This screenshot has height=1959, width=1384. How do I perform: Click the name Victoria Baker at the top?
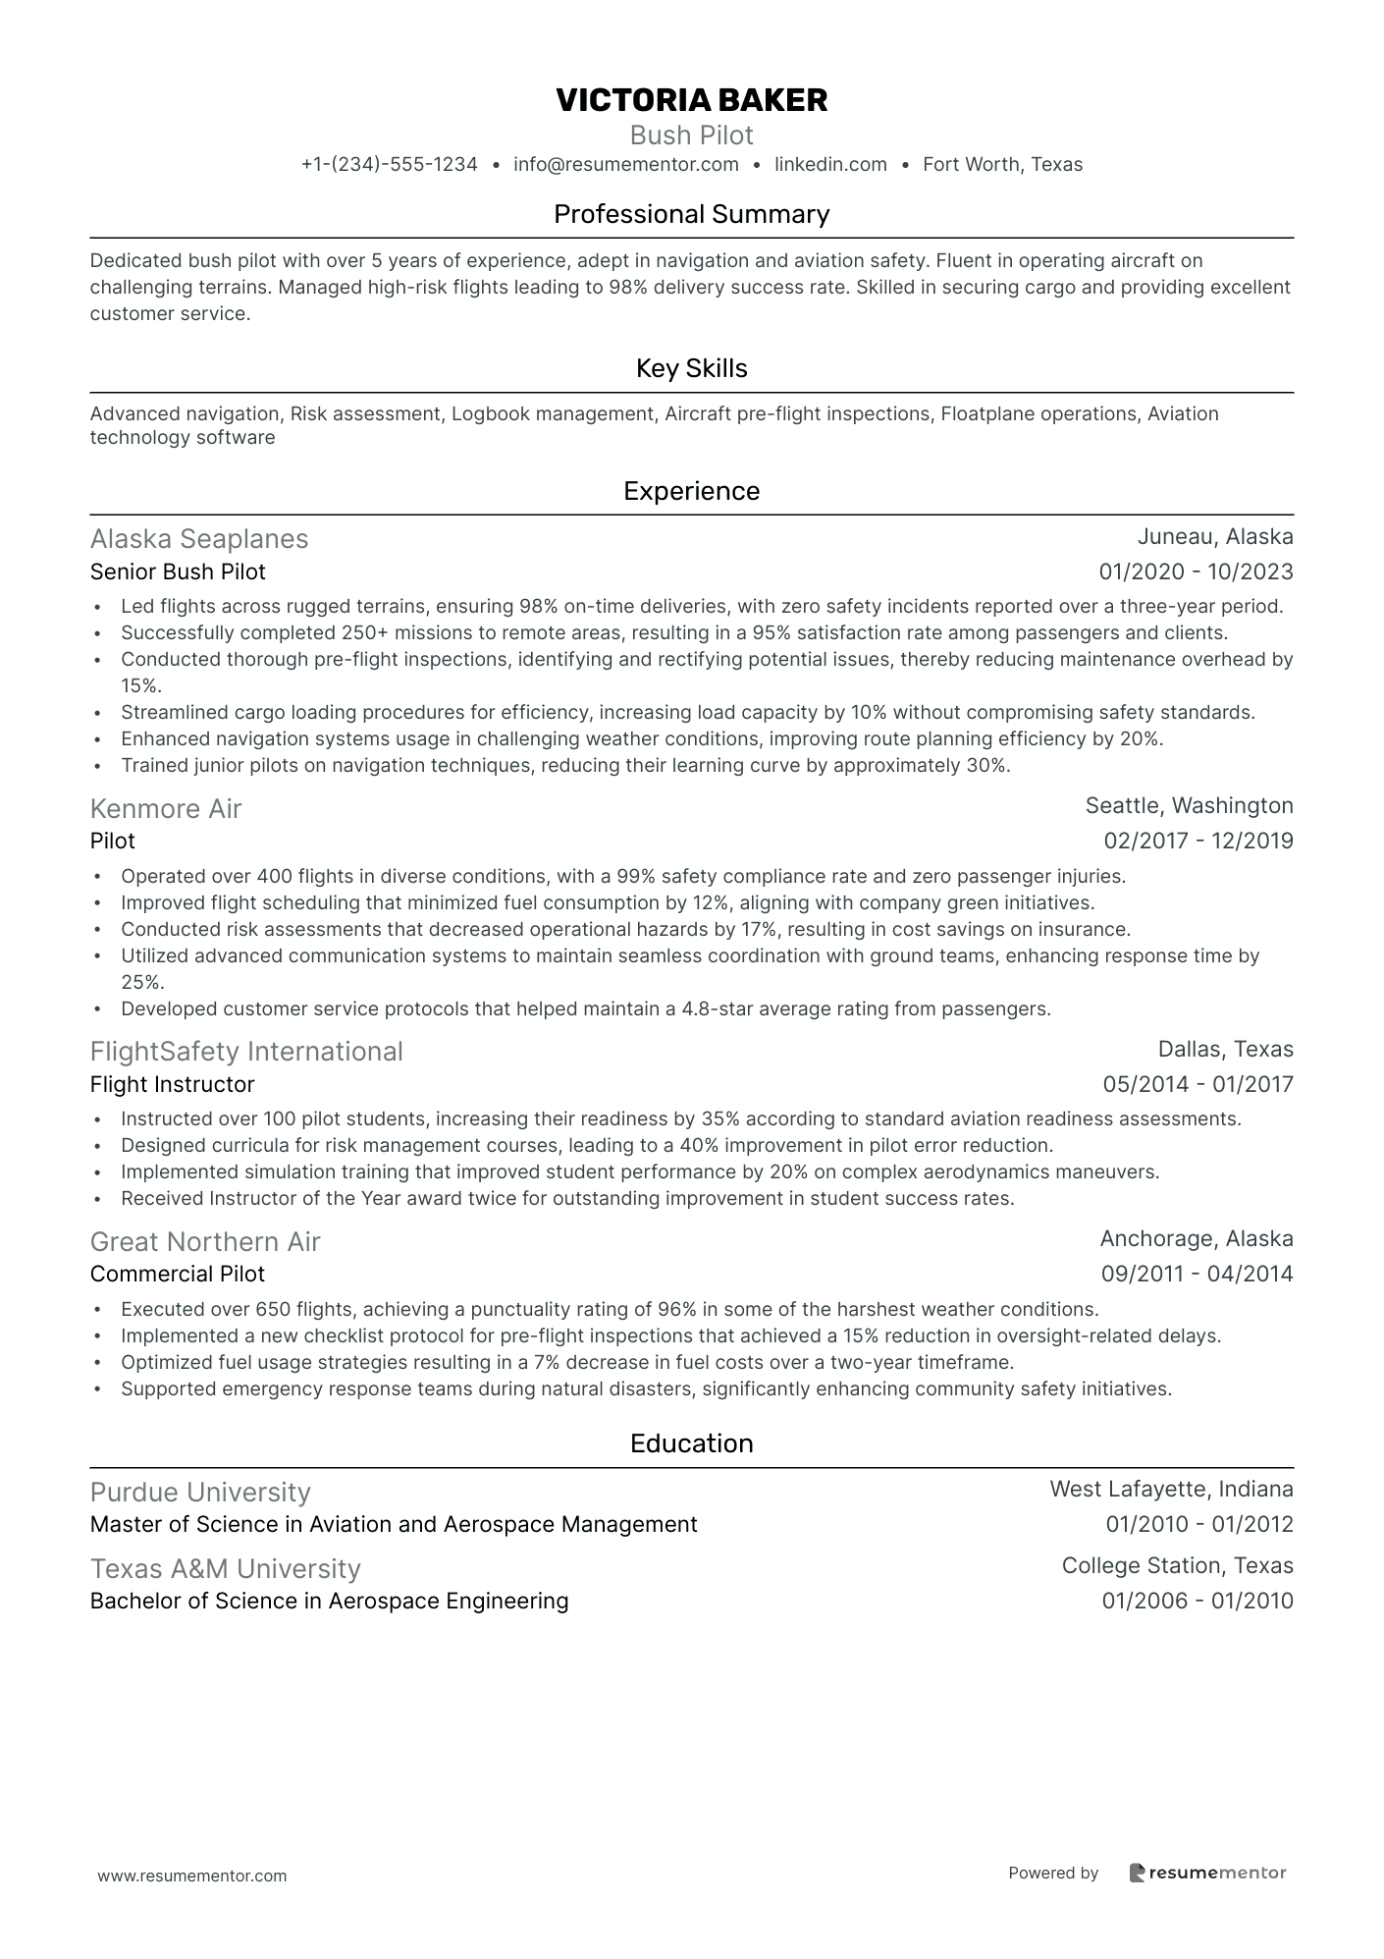(691, 99)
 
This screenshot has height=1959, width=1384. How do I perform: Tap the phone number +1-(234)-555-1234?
(389, 164)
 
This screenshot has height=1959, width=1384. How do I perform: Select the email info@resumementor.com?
(625, 164)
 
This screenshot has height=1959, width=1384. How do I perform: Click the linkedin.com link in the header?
(830, 164)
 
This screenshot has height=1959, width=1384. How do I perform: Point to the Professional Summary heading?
(691, 214)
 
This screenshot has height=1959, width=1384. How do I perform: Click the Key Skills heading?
(691, 368)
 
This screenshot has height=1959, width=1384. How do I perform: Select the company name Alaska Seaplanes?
(199, 538)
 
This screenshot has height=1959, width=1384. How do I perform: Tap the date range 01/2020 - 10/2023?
(1196, 571)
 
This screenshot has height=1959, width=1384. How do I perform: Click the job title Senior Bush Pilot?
(178, 571)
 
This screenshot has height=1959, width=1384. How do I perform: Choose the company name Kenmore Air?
(165, 808)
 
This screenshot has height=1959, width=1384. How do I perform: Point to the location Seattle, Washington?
(1189, 806)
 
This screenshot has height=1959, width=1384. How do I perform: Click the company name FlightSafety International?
(246, 1052)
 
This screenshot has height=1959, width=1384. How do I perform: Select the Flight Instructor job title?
(172, 1084)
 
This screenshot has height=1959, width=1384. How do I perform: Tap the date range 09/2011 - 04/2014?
(1197, 1274)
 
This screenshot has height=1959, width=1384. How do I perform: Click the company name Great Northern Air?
(205, 1241)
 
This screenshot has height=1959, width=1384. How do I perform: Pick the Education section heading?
(691, 1443)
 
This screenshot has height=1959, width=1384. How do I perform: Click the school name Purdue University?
(200, 1492)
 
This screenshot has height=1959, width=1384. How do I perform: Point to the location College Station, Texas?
(1177, 1565)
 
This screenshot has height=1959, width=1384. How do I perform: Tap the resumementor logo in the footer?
(1207, 1873)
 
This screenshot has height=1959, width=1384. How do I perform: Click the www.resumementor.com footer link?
(192, 1876)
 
